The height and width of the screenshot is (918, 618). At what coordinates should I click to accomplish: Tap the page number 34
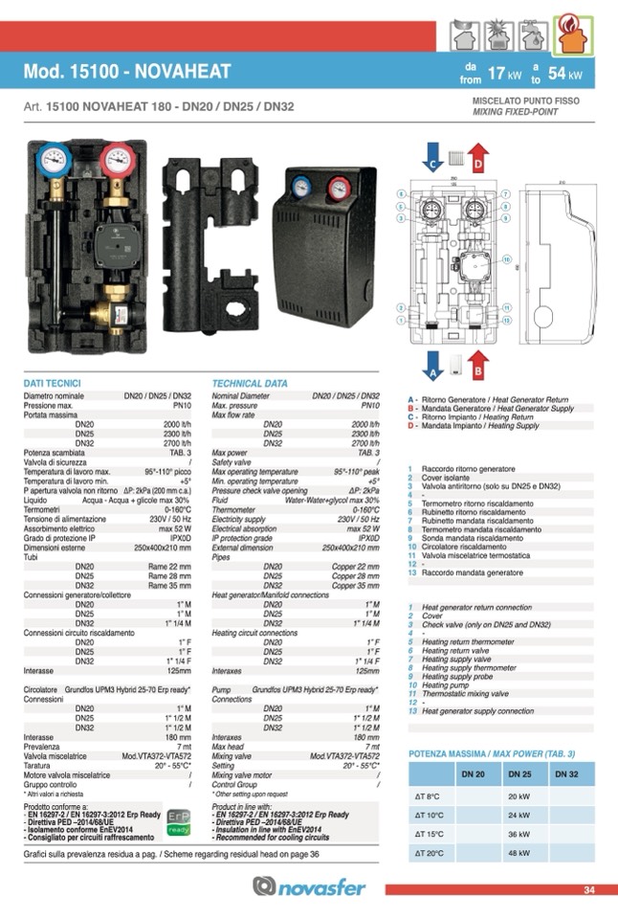(x=588, y=890)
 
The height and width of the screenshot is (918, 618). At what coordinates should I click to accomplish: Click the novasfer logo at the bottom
(x=308, y=887)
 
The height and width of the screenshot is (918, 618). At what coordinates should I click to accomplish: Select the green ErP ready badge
(x=178, y=822)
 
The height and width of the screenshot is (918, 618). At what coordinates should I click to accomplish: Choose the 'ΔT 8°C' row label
(x=427, y=795)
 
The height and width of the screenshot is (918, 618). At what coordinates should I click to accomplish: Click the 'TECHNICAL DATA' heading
(x=250, y=383)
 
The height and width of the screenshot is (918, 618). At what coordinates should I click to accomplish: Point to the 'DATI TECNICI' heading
(x=52, y=383)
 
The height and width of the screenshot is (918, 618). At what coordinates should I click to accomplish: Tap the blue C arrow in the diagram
(x=432, y=158)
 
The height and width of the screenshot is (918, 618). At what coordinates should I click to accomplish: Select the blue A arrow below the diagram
(x=432, y=365)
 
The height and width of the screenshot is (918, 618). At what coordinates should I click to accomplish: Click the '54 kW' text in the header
(x=564, y=73)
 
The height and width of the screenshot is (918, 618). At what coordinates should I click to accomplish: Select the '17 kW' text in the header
(x=503, y=73)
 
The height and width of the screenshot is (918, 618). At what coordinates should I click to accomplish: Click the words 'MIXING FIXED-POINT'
(x=517, y=111)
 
